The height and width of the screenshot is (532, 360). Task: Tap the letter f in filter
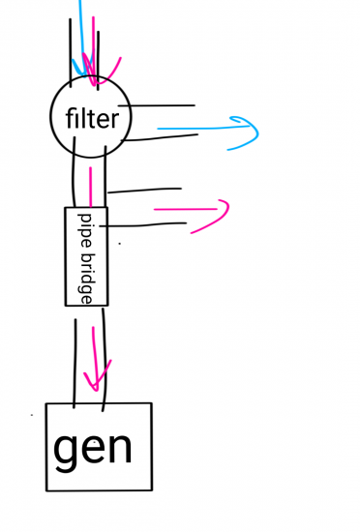point(70,119)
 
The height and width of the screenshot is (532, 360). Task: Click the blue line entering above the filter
point(80,29)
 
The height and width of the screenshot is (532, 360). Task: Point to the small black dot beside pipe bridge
point(119,244)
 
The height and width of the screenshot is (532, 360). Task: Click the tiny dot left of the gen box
point(32,415)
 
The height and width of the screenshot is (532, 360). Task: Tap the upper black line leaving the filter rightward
point(163,104)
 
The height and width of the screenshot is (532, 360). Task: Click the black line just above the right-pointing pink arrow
point(145,189)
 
